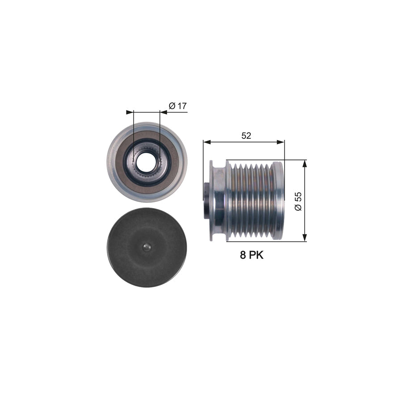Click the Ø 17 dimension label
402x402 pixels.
[178, 105]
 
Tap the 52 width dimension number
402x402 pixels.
[246, 136]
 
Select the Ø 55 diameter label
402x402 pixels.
[298, 201]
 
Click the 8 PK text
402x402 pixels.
[251, 255]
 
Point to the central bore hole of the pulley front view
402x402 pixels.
[144, 162]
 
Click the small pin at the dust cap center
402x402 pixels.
[147, 247]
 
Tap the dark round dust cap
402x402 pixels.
[147, 247]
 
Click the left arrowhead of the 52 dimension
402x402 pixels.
[207, 142]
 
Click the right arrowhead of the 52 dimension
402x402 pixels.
[281, 142]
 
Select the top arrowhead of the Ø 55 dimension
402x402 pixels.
[305, 164]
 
